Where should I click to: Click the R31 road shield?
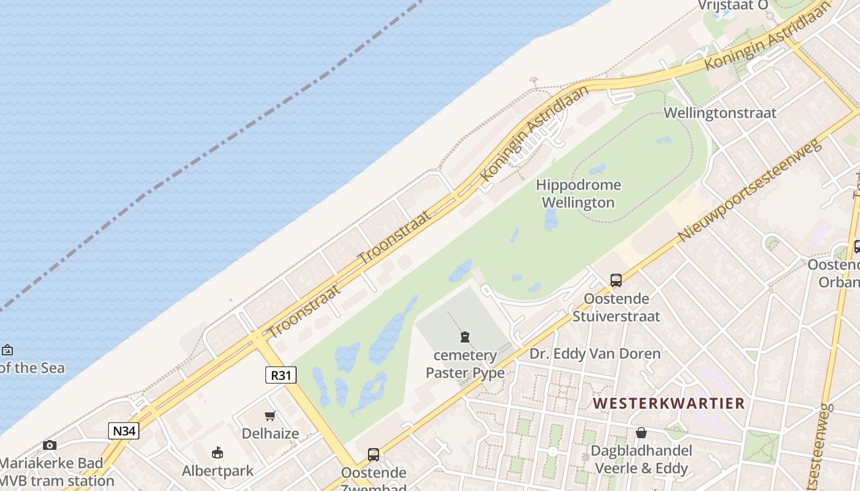281,374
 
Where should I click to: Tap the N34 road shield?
123,431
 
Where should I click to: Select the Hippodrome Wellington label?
578,193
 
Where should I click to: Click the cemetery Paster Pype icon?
465,337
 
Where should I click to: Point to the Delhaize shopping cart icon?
270,416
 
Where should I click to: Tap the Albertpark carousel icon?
217,453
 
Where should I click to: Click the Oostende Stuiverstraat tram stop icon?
616,280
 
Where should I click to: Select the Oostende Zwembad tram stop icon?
373,455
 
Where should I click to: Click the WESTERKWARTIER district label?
669,403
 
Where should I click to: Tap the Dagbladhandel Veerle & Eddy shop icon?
641,433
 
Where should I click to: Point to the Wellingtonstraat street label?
720,113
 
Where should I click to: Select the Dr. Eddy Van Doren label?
595,354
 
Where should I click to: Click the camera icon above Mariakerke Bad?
50,445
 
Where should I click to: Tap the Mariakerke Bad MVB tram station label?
56,471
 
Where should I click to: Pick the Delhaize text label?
270,433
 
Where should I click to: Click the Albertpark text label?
217,471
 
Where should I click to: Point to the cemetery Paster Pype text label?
465,364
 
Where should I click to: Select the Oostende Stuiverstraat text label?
616,307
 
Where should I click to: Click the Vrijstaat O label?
733,6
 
